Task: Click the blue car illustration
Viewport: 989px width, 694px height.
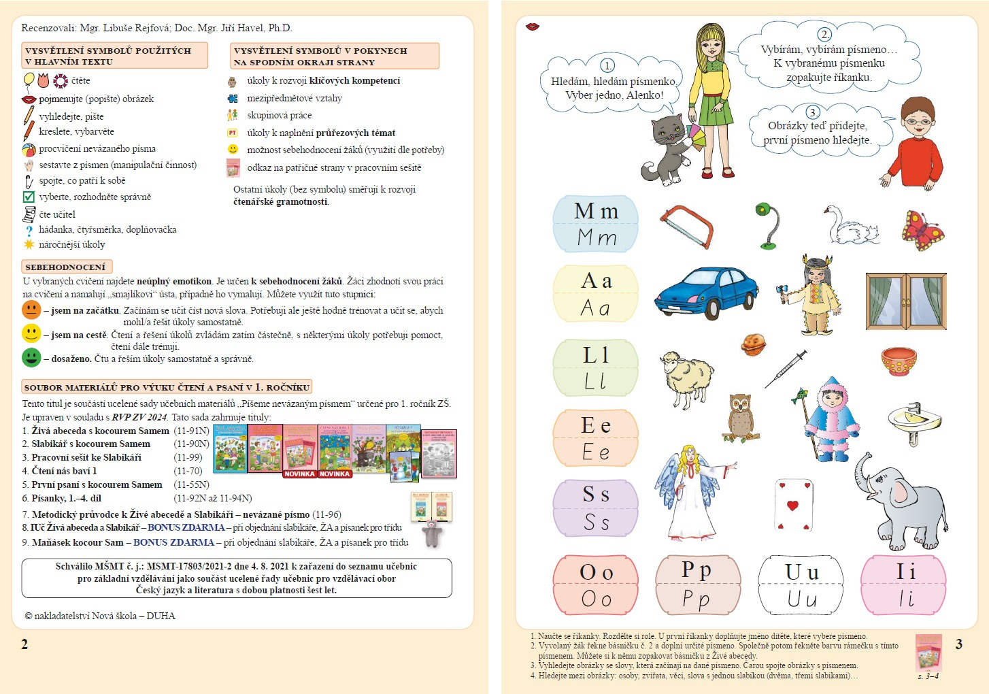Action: (705, 293)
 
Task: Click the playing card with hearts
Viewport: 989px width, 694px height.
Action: (793, 505)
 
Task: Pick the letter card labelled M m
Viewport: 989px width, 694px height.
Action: (596, 224)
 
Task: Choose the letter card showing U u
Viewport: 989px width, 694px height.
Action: (801, 584)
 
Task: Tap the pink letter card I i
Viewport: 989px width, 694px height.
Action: (905, 584)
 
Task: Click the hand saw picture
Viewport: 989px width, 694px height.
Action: (686, 226)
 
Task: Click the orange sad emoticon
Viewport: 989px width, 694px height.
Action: (31, 310)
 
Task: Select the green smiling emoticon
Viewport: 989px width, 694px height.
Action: (31, 357)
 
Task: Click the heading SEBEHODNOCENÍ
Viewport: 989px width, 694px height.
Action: (66, 267)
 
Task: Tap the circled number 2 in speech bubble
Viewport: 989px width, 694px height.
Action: (824, 35)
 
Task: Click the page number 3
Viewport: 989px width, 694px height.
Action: (958, 644)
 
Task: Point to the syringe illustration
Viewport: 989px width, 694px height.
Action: (786, 369)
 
